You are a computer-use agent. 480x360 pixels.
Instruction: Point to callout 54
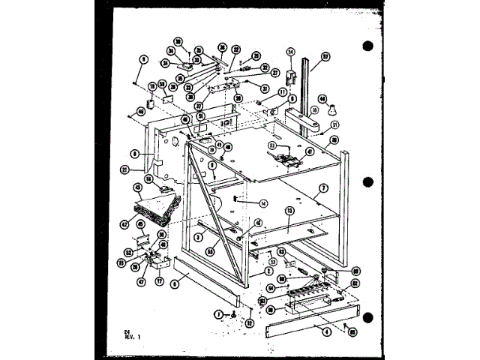point(269,286)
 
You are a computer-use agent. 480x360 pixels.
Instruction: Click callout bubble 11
point(283,92)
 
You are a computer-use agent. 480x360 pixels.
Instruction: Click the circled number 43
point(137,188)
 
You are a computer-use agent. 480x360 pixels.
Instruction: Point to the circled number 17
point(159,281)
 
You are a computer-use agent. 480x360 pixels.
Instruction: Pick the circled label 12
point(250,323)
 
